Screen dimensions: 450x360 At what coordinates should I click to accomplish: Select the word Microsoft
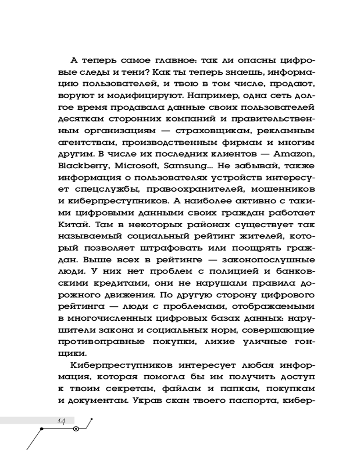(130, 166)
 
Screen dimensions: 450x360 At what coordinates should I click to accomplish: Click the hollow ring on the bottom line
(76, 428)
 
